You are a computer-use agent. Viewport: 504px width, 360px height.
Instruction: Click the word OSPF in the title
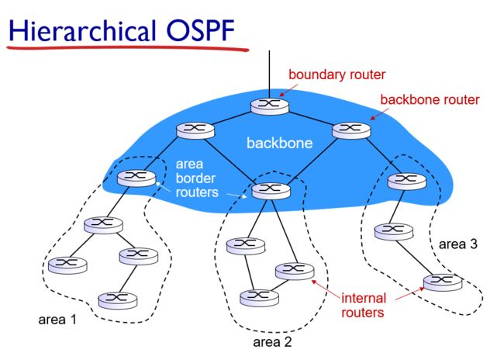tap(200, 30)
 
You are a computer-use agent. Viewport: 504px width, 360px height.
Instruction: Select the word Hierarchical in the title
tap(82, 30)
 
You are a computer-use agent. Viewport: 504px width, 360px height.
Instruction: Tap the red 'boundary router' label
tap(337, 74)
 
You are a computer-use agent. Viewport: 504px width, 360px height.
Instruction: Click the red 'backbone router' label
tap(430, 100)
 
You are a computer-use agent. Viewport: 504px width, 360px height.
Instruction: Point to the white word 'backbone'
tap(279, 144)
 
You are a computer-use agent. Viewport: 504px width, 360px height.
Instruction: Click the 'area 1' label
tap(57, 320)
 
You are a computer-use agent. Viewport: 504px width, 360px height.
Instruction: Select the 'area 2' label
tap(272, 342)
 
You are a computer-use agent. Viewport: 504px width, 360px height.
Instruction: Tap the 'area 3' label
tap(458, 244)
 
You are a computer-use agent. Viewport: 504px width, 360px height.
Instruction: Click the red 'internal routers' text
tap(363, 306)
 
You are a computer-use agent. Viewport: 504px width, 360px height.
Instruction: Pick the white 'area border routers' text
tap(197, 178)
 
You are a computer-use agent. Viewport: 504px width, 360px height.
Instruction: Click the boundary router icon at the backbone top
tap(270, 106)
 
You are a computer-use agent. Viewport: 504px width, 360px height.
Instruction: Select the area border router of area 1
tap(136, 178)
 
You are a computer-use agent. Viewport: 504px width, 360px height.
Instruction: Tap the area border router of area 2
tap(271, 191)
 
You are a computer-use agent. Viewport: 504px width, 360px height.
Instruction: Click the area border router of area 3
tap(406, 181)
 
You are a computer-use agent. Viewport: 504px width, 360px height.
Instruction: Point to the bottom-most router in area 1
tap(118, 301)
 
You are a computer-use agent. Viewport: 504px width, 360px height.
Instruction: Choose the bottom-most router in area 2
tap(259, 298)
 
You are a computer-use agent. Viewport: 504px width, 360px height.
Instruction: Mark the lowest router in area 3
tap(443, 282)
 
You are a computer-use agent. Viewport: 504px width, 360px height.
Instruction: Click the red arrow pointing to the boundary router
tap(288, 90)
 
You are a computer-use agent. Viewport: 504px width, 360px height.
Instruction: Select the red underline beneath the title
tap(128, 49)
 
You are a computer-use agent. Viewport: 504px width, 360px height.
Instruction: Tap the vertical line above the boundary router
tap(269, 74)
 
